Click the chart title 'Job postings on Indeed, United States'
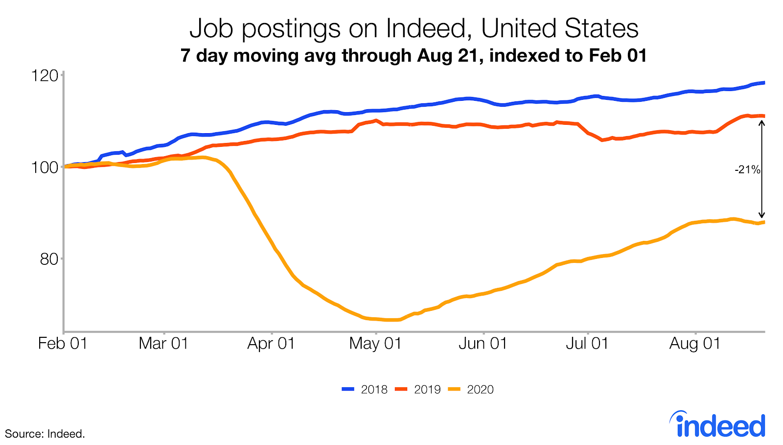pos(414,28)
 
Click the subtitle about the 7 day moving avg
pos(414,55)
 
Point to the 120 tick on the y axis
pos(45,76)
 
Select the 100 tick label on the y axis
pos(45,167)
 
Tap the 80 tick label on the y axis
pos(49,259)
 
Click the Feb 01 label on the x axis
pos(63,344)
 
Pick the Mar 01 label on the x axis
pos(163,344)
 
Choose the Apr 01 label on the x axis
pos(271,344)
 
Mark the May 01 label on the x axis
pos(375,344)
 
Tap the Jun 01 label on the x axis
pos(483,344)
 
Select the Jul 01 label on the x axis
pos(587,344)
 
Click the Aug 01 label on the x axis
pos(695,344)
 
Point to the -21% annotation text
pos(747,170)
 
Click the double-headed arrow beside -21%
pos(761,169)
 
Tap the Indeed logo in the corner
pos(717,425)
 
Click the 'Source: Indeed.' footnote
pos(45,434)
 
